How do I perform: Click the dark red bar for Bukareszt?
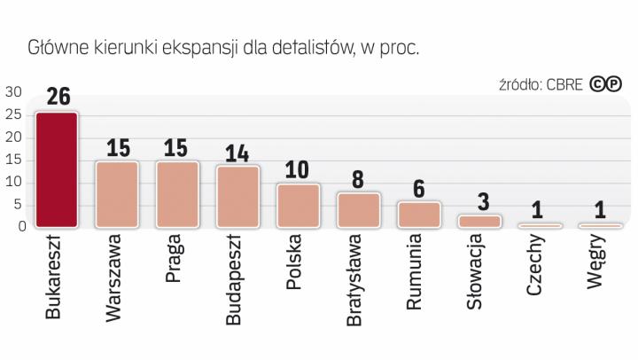(x=57, y=169)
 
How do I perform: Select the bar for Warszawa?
(x=117, y=194)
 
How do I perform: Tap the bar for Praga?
(x=177, y=194)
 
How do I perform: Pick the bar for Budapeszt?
(x=237, y=196)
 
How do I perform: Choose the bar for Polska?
(x=298, y=206)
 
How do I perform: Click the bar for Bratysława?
(x=358, y=210)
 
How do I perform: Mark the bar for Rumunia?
(x=418, y=215)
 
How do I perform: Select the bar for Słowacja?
(x=478, y=221)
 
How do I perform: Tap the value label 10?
(x=298, y=170)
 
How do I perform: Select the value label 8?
(x=358, y=179)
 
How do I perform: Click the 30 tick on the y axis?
(x=13, y=92)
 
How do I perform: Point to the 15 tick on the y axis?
(x=13, y=160)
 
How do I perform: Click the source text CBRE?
(x=565, y=86)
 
